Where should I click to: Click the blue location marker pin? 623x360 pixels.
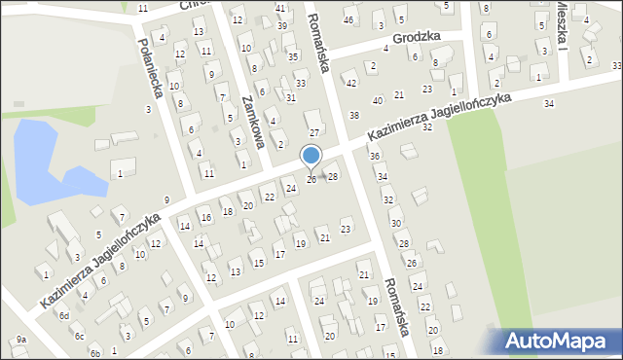(311, 157)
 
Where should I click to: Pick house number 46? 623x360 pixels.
(348, 20)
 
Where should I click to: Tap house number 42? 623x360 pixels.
(352, 83)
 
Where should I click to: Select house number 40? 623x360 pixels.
(378, 100)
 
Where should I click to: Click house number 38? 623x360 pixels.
(354, 116)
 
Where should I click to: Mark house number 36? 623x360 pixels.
(374, 156)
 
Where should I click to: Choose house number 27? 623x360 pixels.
(313, 132)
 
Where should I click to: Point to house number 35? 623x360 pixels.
(293, 57)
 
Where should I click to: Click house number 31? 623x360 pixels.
(290, 98)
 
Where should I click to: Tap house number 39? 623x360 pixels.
(282, 25)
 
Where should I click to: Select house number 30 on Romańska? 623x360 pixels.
(396, 223)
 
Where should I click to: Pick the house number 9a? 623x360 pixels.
(20, 339)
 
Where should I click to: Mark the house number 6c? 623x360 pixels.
(80, 336)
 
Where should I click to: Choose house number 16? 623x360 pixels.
(205, 218)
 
